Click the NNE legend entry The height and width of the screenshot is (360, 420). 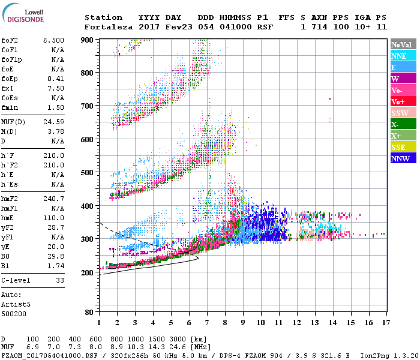403,56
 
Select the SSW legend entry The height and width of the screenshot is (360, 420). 403,113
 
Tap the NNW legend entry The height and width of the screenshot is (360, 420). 403,158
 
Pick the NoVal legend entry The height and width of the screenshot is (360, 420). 403,44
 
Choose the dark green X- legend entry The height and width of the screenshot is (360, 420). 403,124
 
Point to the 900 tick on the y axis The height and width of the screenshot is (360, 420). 87,40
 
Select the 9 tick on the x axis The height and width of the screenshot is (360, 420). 243,323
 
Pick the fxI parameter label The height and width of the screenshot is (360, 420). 8,88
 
